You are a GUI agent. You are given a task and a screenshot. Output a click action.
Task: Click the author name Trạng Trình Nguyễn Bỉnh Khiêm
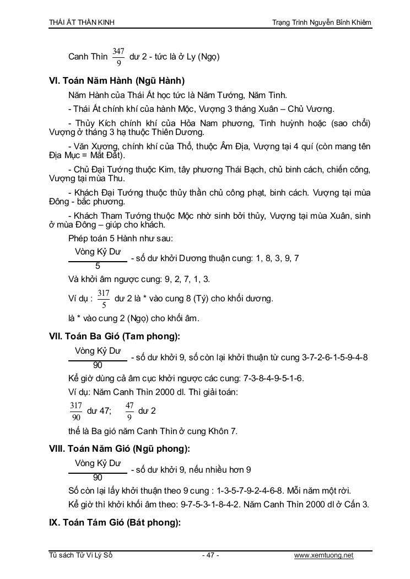click(322, 23)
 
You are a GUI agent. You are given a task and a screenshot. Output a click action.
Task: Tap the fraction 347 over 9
click(118, 57)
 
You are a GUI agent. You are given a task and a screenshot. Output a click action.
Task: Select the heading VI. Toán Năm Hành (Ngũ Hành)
click(117, 80)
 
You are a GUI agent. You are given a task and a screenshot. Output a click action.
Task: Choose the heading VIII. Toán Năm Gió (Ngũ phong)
click(120, 449)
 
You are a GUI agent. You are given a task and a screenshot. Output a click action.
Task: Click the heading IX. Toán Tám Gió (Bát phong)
click(115, 523)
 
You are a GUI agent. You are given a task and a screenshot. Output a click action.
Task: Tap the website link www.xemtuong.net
click(323, 555)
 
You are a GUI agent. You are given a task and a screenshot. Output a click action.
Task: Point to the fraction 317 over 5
click(104, 299)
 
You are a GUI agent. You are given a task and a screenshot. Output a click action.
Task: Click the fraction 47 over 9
click(130, 411)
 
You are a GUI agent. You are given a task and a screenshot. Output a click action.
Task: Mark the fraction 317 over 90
click(76, 411)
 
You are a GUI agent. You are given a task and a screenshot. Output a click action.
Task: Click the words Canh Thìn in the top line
click(88, 57)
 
